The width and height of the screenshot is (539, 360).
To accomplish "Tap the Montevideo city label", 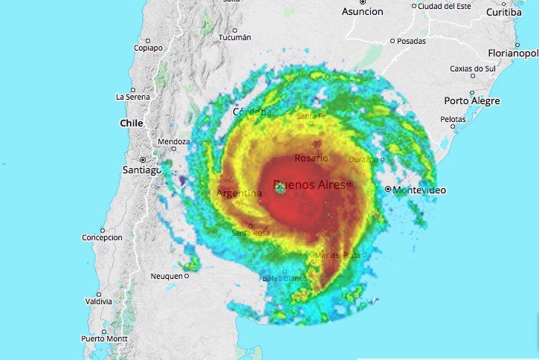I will coord(420,190).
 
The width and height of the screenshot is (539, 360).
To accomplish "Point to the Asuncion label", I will coord(362,11).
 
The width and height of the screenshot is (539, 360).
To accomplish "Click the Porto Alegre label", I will coord(472,100).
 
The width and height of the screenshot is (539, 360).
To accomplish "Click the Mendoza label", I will coord(174,141).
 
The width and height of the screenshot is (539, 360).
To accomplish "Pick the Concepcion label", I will coord(101,238).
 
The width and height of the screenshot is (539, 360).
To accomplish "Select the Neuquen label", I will coord(166,276).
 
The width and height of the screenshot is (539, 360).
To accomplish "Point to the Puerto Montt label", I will coord(104,338).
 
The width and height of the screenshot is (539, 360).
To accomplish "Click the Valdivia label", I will coord(98,301).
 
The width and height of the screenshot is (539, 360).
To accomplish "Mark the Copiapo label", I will coord(147,48).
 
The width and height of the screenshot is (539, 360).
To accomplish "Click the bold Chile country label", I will coord(131,123).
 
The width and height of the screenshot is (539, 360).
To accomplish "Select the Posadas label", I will coord(411,41).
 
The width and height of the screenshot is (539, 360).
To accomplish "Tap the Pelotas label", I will coord(452,119).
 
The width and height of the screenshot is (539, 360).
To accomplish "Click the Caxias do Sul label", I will coord(472,68).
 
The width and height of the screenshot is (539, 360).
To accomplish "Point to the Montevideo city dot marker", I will coord(388,190).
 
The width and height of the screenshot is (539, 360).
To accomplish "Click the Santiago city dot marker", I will coord(142,159).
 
